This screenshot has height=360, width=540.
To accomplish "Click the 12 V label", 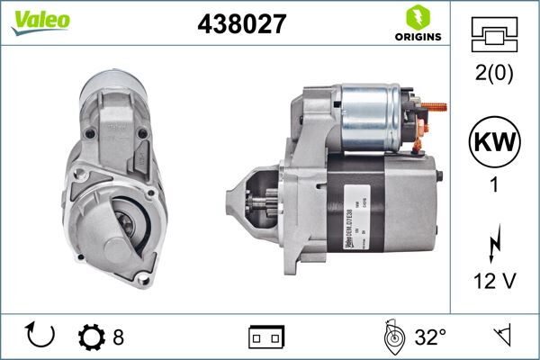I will [x=494, y=283].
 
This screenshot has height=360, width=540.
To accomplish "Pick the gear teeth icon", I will [x=92, y=338].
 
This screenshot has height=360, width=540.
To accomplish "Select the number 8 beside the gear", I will [x=118, y=338].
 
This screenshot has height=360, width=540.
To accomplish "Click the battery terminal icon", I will [x=266, y=338].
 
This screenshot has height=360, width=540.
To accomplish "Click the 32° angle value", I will [x=430, y=338].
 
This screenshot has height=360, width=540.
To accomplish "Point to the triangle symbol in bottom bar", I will [x=500, y=337].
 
